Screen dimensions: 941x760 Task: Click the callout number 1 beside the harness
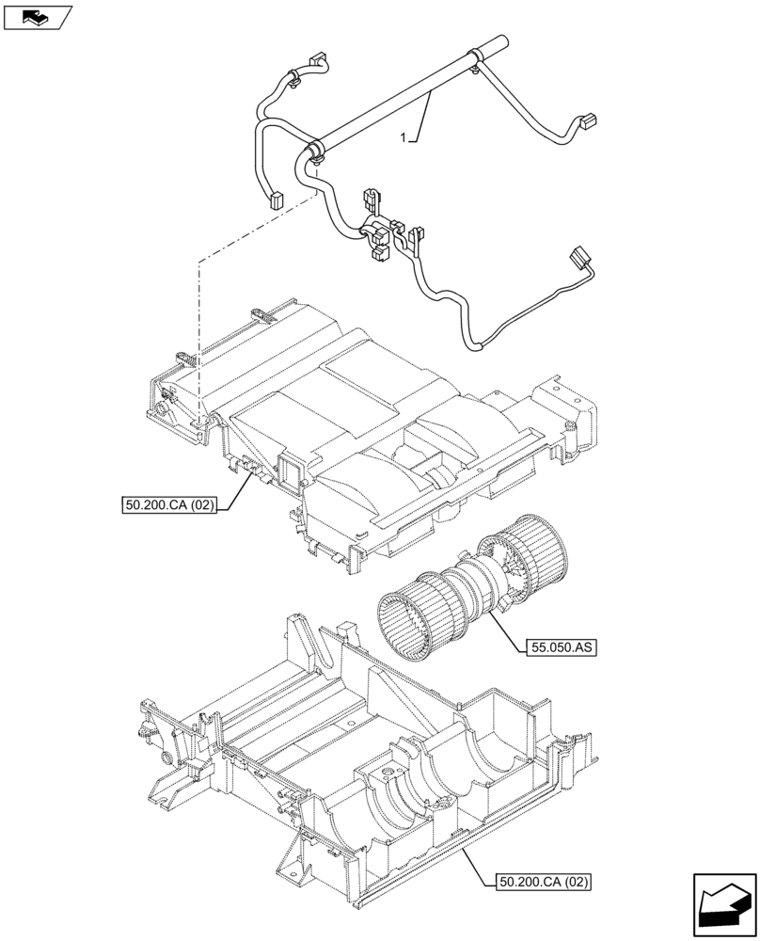tap(404, 137)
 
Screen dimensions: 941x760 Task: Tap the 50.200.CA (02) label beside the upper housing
tap(169, 505)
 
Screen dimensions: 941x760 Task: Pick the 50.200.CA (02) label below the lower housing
tap(541, 882)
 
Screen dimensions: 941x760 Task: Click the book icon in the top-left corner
tap(35, 16)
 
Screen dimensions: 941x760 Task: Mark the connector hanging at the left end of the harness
tap(277, 199)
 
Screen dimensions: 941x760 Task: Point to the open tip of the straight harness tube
tap(499, 40)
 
